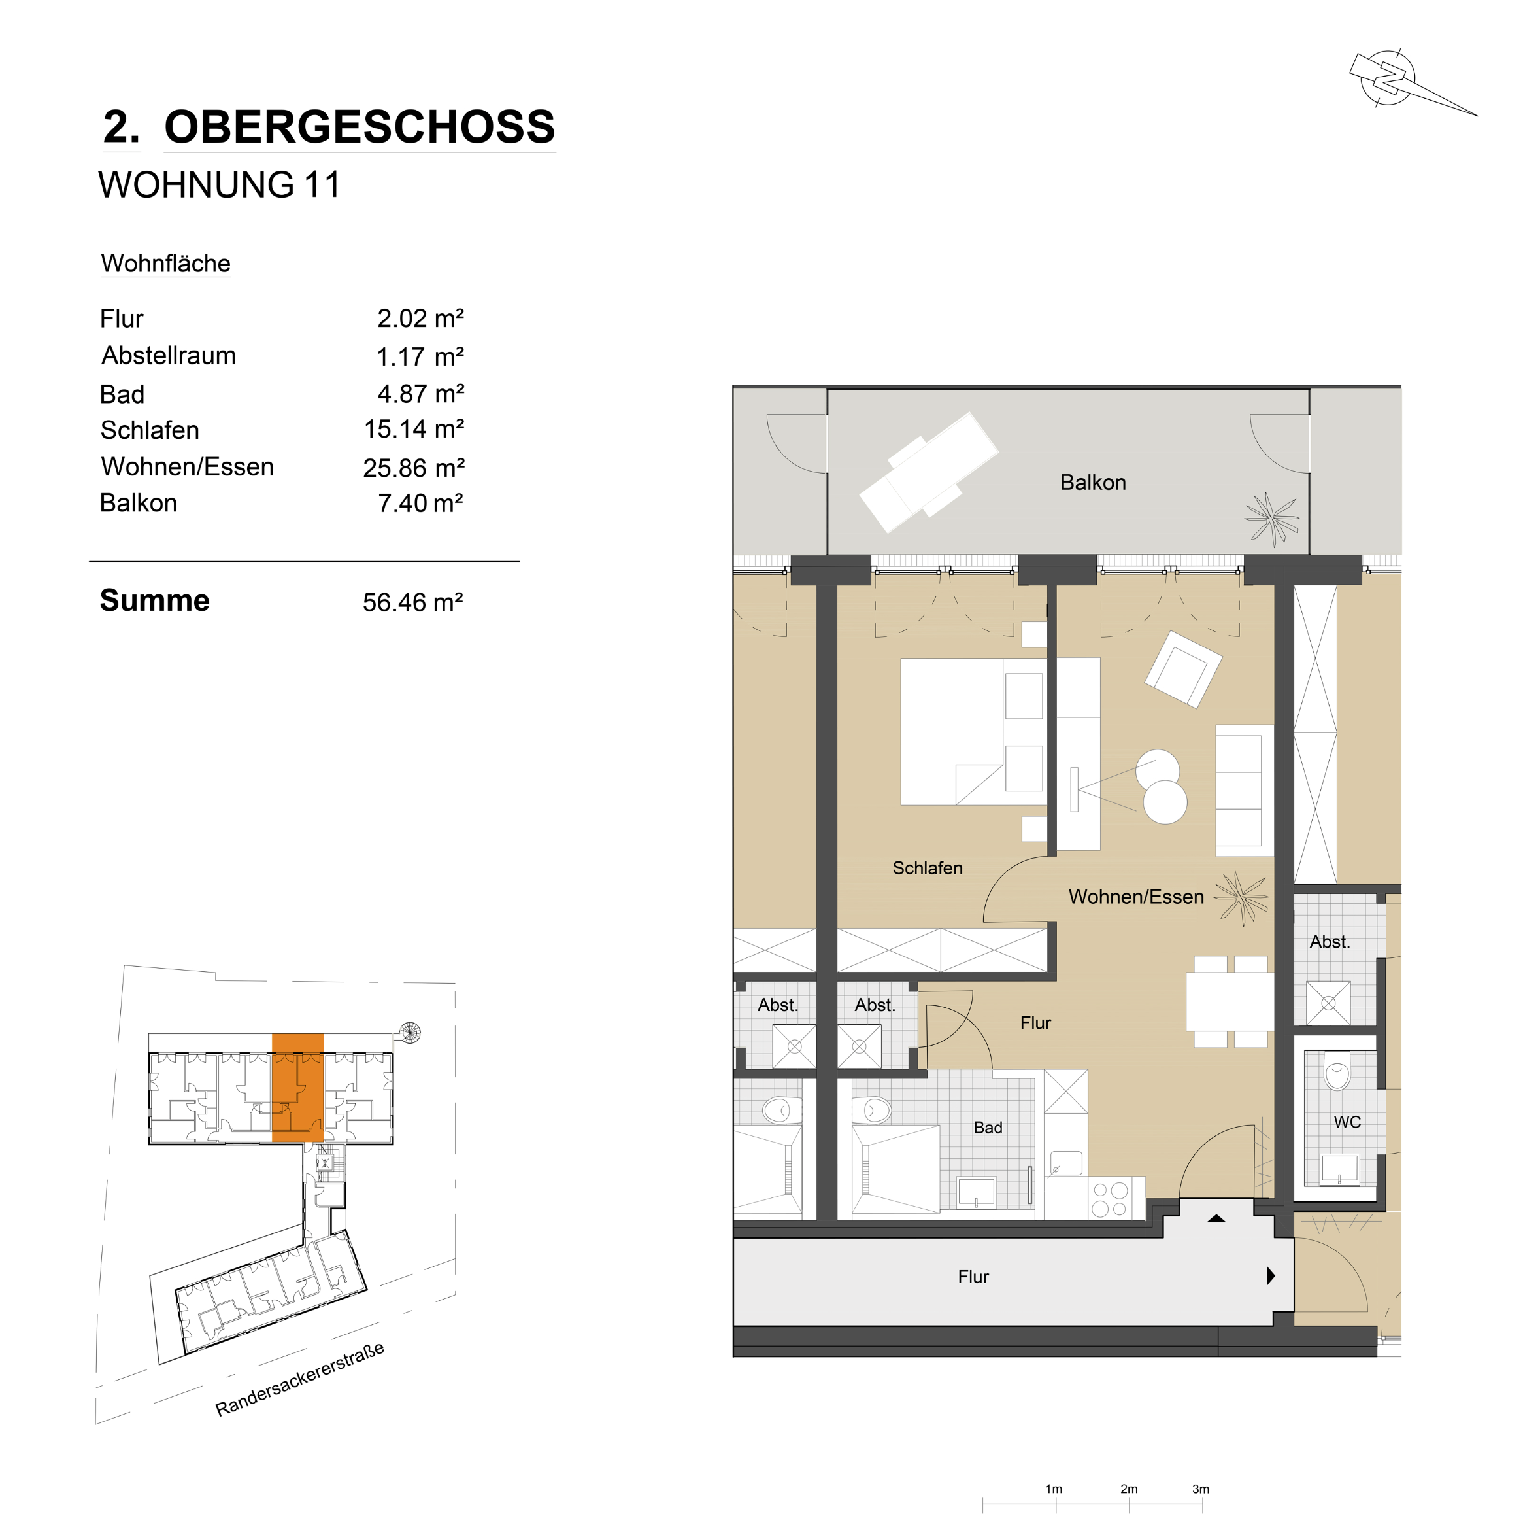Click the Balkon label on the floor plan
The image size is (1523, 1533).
point(1092,483)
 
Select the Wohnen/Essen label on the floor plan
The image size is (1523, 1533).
point(1135,897)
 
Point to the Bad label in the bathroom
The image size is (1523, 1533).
point(988,1128)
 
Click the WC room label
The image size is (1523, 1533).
point(1347,1122)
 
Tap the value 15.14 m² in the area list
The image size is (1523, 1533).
point(413,429)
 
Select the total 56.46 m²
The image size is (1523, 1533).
point(412,602)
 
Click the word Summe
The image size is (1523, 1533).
point(155,600)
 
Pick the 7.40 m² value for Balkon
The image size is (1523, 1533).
point(420,503)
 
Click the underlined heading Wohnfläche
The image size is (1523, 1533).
point(166,264)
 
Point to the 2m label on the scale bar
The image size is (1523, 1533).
point(1129,1489)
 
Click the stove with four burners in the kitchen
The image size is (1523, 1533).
point(1109,1199)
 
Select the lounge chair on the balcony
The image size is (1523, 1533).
point(929,472)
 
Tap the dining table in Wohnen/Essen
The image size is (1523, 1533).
point(1230,1001)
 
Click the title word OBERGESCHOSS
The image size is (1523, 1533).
point(360,127)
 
